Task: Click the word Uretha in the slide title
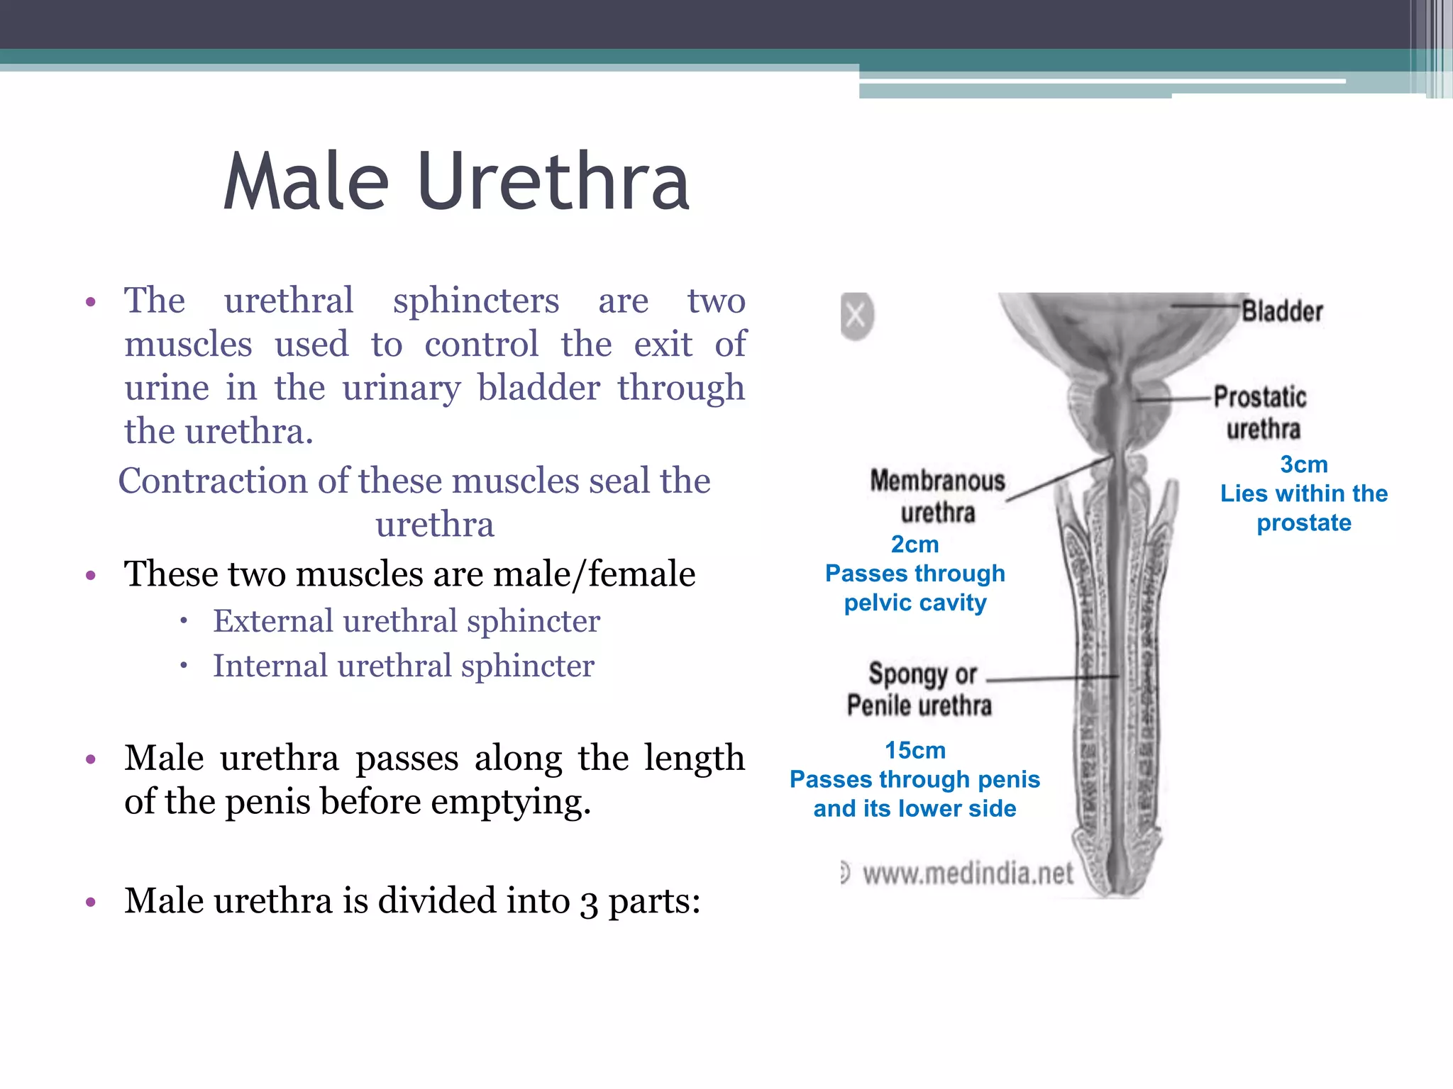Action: pos(553,182)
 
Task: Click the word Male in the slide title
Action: pos(306,182)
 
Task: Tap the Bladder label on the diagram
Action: pos(1282,311)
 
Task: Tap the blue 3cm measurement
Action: pos(1304,464)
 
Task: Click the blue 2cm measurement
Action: pos(915,544)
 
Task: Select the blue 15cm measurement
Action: pos(915,750)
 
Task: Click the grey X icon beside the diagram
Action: pos(856,315)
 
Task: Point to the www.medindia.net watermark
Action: pos(968,873)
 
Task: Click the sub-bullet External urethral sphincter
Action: pos(407,621)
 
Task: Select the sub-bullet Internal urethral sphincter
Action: pos(404,666)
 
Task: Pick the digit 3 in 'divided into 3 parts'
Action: pos(589,902)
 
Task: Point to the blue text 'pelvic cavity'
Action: pos(915,603)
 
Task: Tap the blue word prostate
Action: pos(1304,523)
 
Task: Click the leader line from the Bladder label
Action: pos(1206,306)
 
